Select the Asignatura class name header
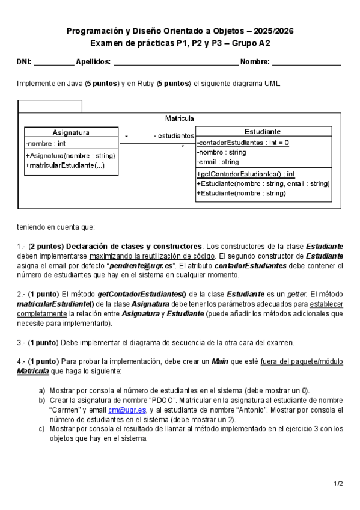(x=71, y=132)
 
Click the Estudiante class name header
(x=263, y=131)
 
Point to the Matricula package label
(x=179, y=118)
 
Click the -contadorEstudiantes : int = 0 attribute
(x=243, y=143)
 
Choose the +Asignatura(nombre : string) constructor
(x=70, y=156)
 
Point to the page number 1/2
(x=338, y=483)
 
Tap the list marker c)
(x=41, y=429)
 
